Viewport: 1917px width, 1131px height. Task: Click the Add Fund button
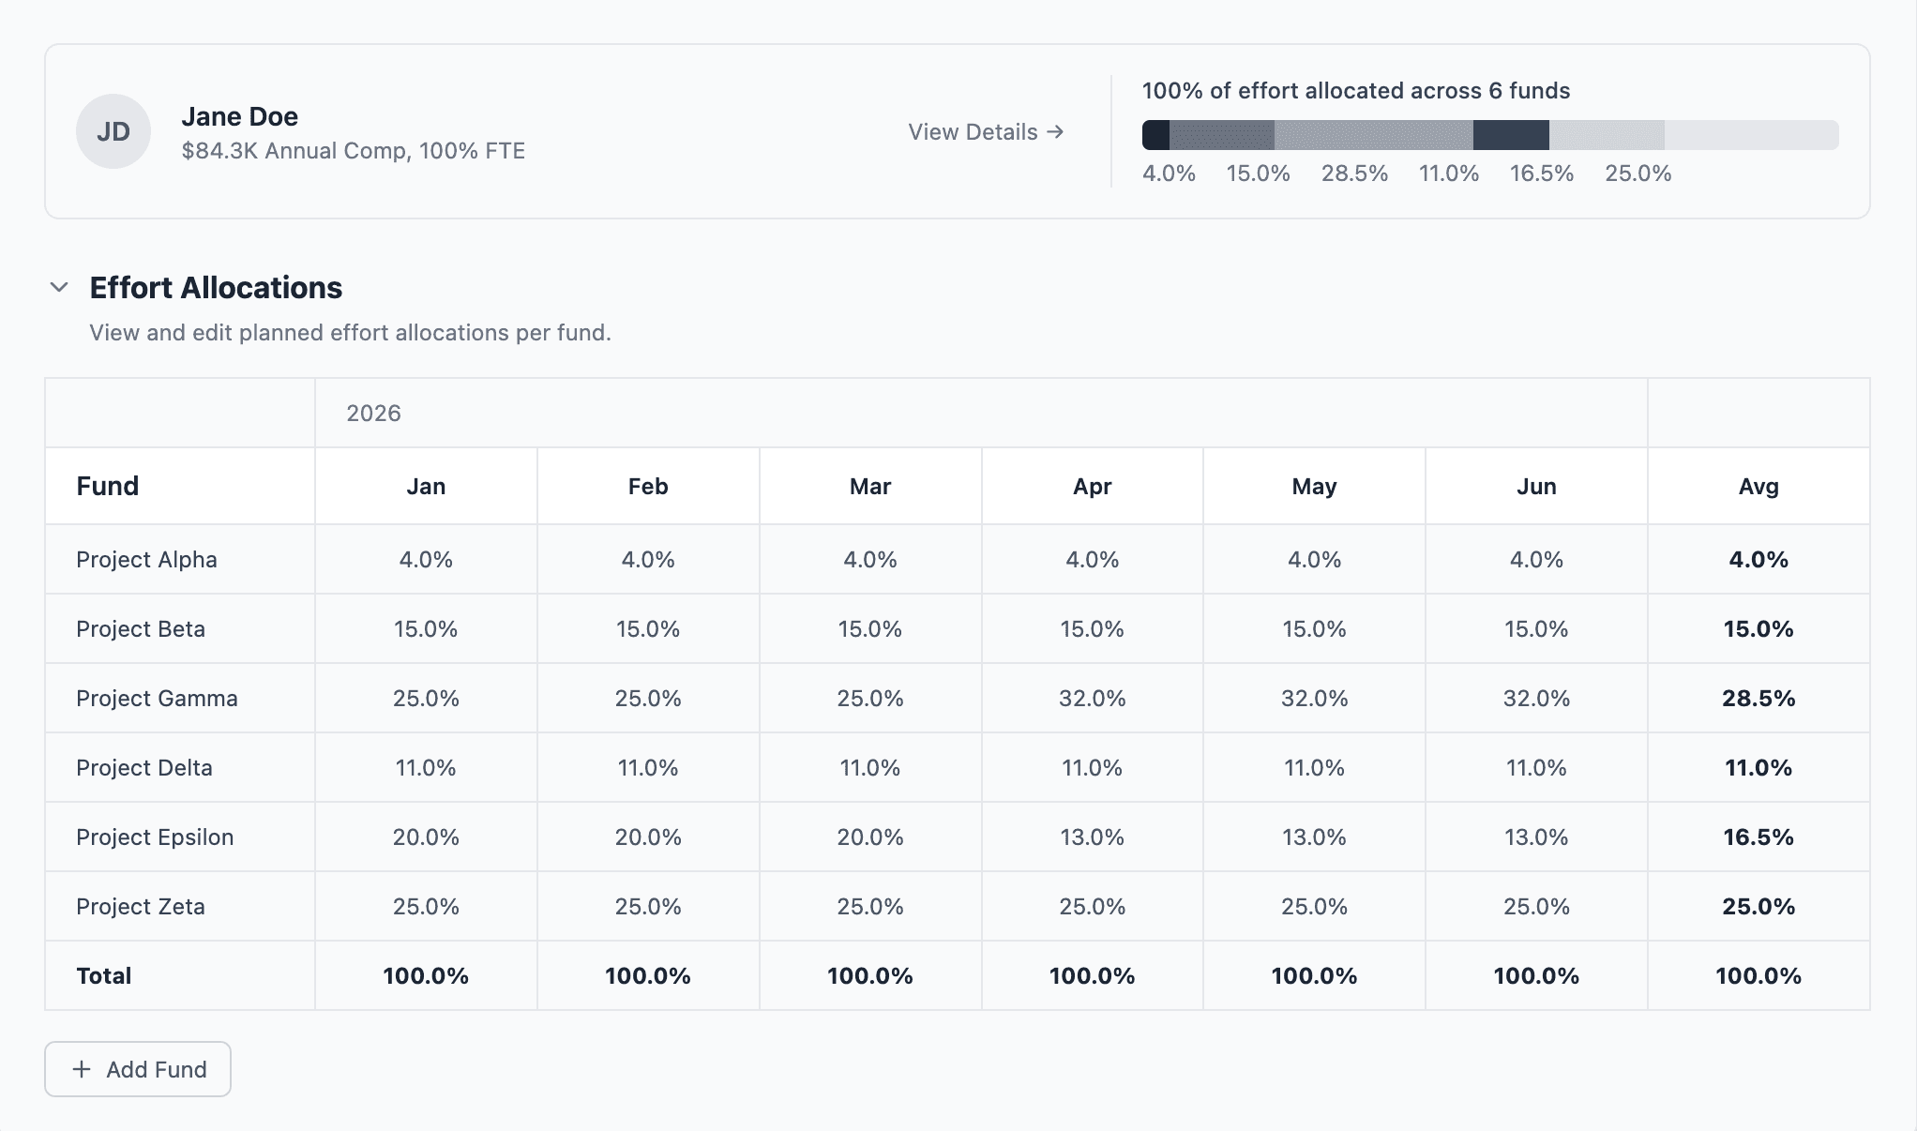[x=138, y=1069]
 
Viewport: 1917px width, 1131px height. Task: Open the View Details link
[x=985, y=132]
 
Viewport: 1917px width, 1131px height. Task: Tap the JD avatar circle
[x=113, y=131]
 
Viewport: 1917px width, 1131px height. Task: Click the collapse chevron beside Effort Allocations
[x=59, y=287]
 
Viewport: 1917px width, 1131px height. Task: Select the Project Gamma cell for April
[x=1092, y=699]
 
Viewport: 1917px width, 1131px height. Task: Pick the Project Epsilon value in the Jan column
[x=426, y=837]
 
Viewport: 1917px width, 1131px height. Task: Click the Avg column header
[x=1758, y=487]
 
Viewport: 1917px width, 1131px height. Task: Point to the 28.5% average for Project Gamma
[x=1758, y=699]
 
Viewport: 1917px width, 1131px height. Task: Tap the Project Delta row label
[x=144, y=768]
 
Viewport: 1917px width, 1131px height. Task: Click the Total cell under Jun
[x=1535, y=976]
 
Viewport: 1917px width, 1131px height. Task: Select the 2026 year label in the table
[x=373, y=414]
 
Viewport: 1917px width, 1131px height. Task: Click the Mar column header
[x=869, y=487]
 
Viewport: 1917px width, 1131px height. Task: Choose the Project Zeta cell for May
[x=1313, y=907]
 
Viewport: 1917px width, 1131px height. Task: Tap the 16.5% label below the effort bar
[x=1541, y=173]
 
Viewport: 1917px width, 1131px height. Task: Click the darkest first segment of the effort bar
[x=1155, y=135]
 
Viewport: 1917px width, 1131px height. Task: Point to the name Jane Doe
[x=239, y=116]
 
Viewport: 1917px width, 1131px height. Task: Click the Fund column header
[x=108, y=486]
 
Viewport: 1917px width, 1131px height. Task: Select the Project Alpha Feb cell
[x=647, y=560]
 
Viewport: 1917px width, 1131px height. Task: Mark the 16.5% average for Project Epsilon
[x=1758, y=837]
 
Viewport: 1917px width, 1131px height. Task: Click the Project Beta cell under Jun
[x=1535, y=629]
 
